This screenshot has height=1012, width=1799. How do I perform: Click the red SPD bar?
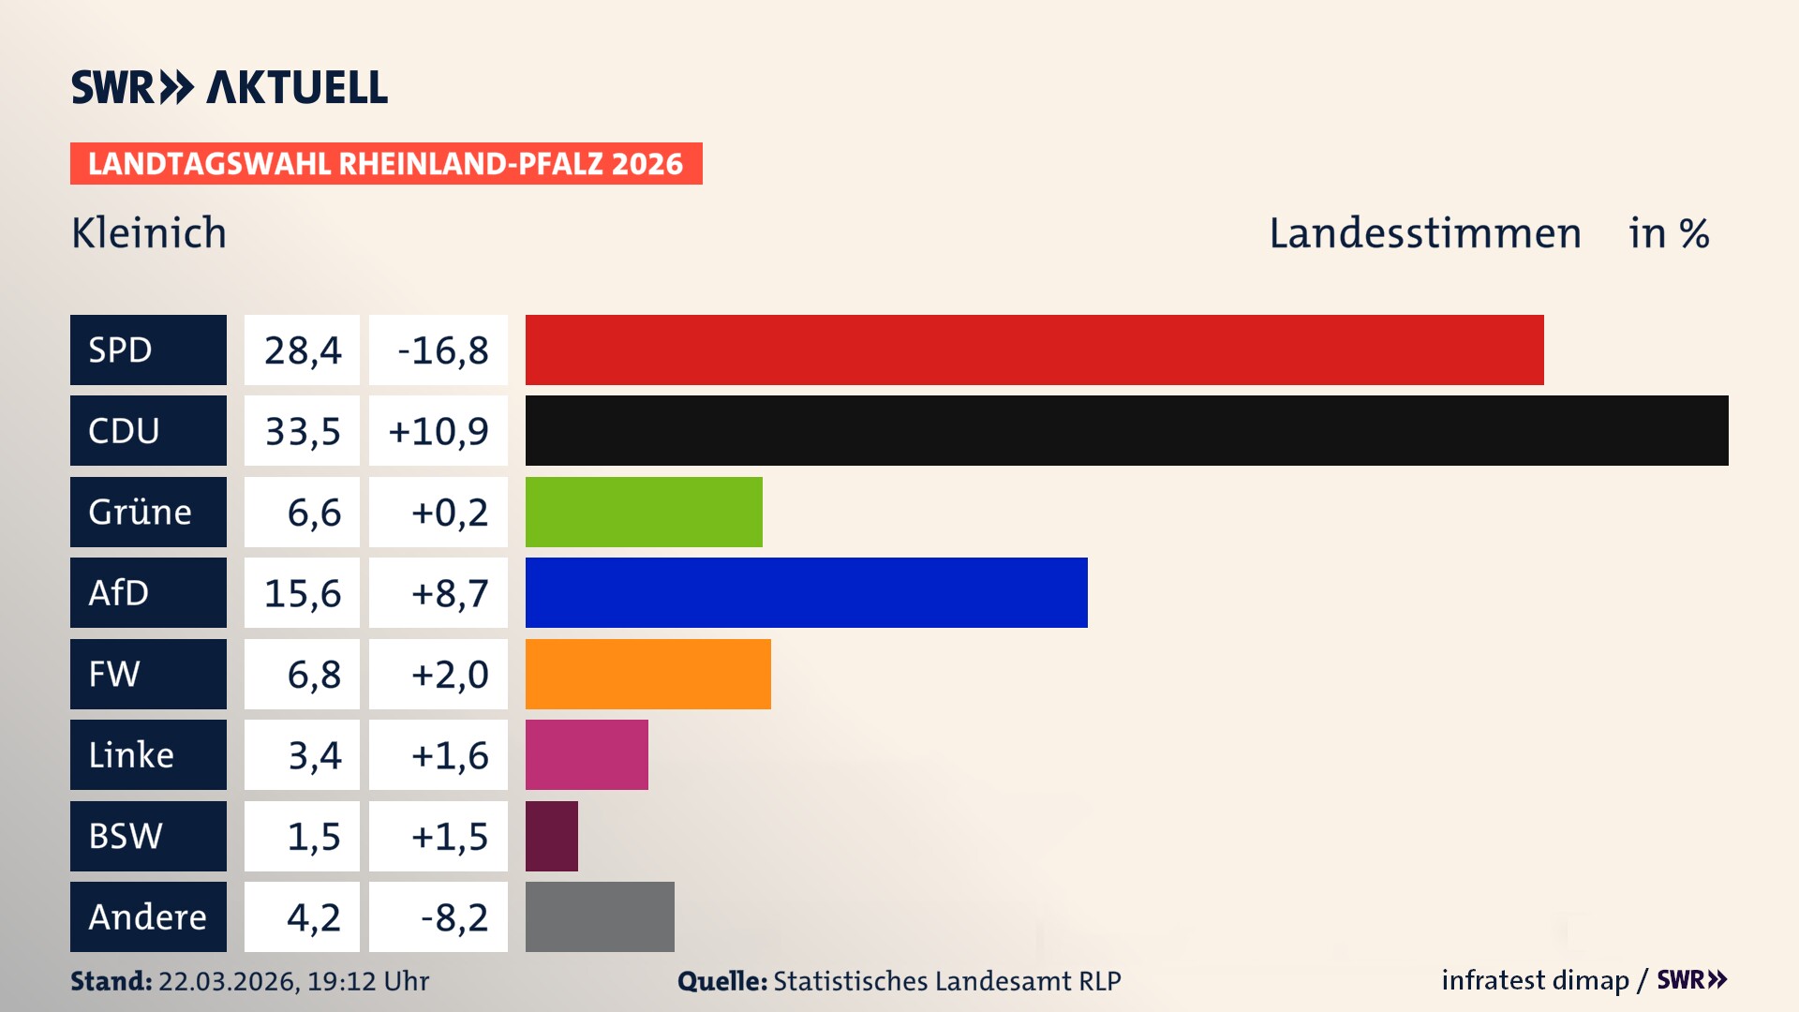coord(1034,350)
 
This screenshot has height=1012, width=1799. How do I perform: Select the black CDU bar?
coord(1126,430)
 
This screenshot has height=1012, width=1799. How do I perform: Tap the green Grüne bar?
coord(644,512)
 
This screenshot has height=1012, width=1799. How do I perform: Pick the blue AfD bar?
coord(806,592)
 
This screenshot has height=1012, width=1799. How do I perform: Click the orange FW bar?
coord(647,674)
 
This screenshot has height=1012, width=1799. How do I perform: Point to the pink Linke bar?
coord(587,754)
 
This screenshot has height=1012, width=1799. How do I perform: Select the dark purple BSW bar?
coord(551,836)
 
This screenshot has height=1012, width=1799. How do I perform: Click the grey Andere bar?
coord(600,916)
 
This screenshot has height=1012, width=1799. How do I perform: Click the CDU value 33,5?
coord(302,431)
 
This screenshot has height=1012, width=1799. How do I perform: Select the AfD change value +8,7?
coord(449,593)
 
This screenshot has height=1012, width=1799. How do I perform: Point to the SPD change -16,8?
coord(442,350)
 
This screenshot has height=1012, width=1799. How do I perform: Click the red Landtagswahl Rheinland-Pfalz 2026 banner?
coord(386,164)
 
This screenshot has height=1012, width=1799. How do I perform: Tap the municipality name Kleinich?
coord(149,232)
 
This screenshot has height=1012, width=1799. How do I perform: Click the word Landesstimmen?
coord(1424,232)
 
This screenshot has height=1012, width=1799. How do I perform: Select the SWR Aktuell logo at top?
coord(229,87)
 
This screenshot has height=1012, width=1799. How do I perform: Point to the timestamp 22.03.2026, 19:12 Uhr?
coord(293,981)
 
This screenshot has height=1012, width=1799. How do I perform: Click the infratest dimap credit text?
coord(1534,980)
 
